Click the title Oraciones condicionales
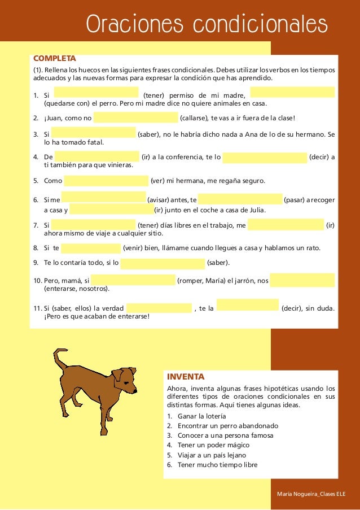point(207,25)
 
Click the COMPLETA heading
point(55,58)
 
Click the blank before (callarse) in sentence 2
point(135,117)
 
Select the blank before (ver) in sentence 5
point(106,181)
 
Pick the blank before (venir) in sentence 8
point(91,248)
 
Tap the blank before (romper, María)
point(133,280)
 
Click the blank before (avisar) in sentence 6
point(103,197)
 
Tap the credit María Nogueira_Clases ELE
point(311,495)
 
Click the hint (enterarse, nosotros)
point(77,289)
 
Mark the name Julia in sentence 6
point(254,211)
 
